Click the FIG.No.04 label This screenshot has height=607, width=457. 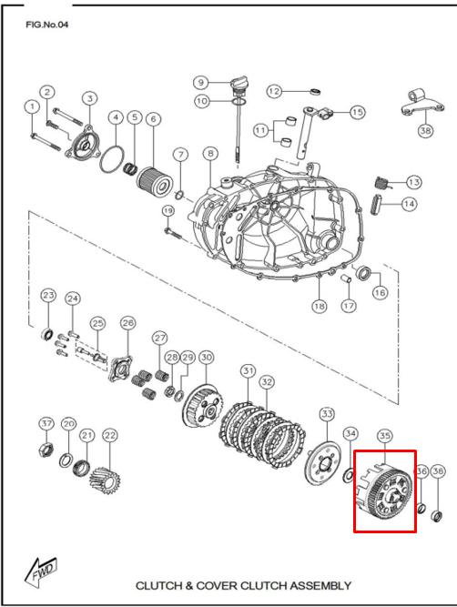tap(46, 25)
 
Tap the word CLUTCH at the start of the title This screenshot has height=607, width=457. tap(158, 585)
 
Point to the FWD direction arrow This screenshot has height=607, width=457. tap(41, 570)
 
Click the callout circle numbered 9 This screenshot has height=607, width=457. tap(201, 83)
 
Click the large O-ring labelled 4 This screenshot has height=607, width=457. tap(100, 159)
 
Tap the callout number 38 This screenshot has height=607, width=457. tap(425, 130)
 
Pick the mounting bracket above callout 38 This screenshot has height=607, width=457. tap(422, 104)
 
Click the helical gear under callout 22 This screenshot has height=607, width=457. tap(105, 482)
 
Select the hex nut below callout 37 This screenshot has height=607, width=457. tap(46, 450)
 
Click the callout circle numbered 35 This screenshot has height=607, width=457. tap(384, 436)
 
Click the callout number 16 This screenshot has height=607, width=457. tap(380, 292)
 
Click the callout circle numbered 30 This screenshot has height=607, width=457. tap(207, 357)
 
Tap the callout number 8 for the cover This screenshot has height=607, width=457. tap(210, 154)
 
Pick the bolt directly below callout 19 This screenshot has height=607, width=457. tap(173, 233)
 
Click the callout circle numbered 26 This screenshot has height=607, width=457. tap(128, 323)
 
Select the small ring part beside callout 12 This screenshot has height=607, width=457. tap(316, 92)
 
